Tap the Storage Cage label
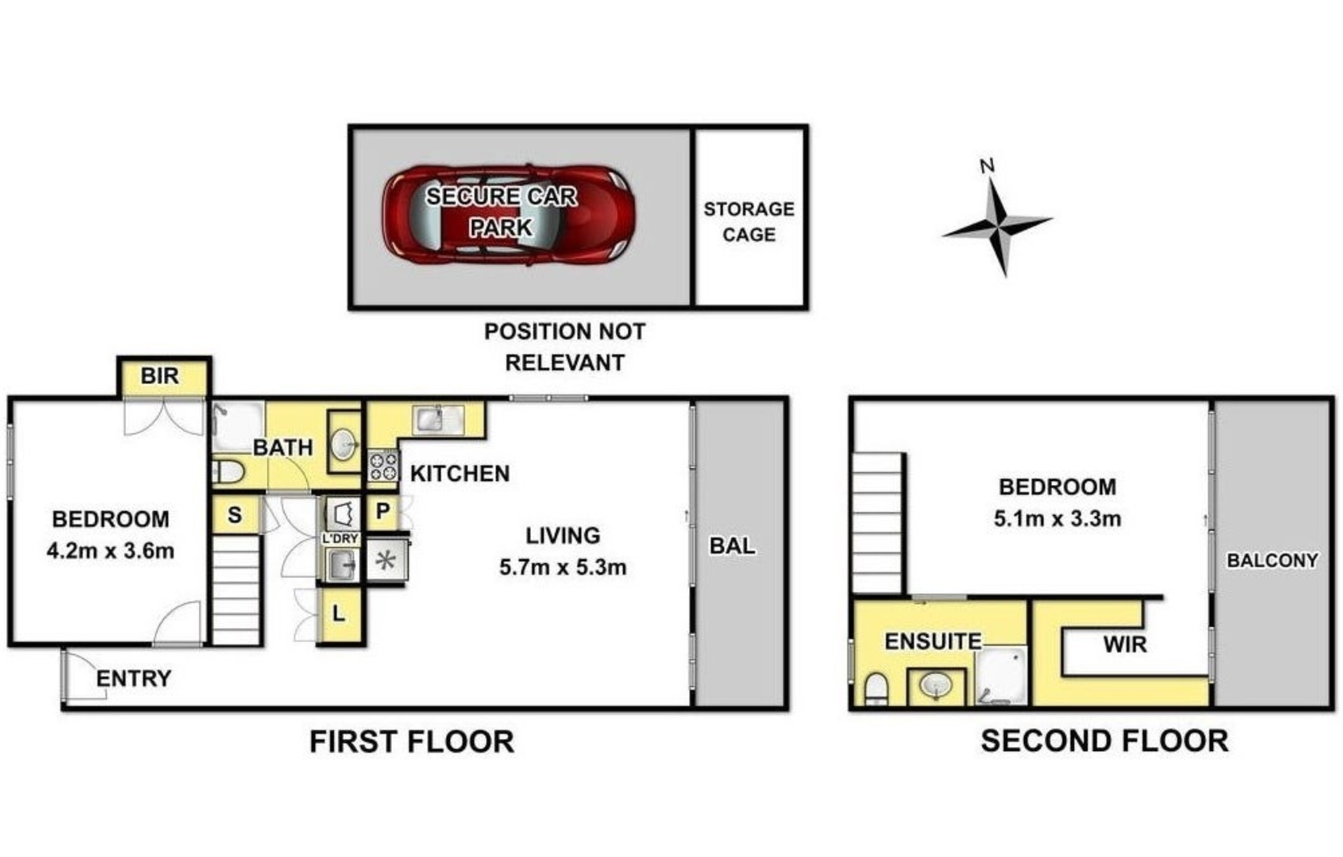(x=749, y=222)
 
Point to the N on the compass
(x=986, y=166)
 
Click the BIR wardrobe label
(x=160, y=376)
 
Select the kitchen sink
(x=439, y=420)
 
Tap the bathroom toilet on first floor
(x=228, y=472)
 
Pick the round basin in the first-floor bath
(x=344, y=443)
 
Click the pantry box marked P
(x=383, y=512)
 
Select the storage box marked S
(x=234, y=515)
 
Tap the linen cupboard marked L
(x=338, y=614)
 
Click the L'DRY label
(x=340, y=539)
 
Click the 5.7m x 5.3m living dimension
(x=563, y=568)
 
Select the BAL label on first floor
(x=732, y=546)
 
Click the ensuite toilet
(x=876, y=688)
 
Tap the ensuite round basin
(x=936, y=686)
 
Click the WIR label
(x=1125, y=645)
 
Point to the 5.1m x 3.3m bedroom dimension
(x=1058, y=518)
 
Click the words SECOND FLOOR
(x=1105, y=741)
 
